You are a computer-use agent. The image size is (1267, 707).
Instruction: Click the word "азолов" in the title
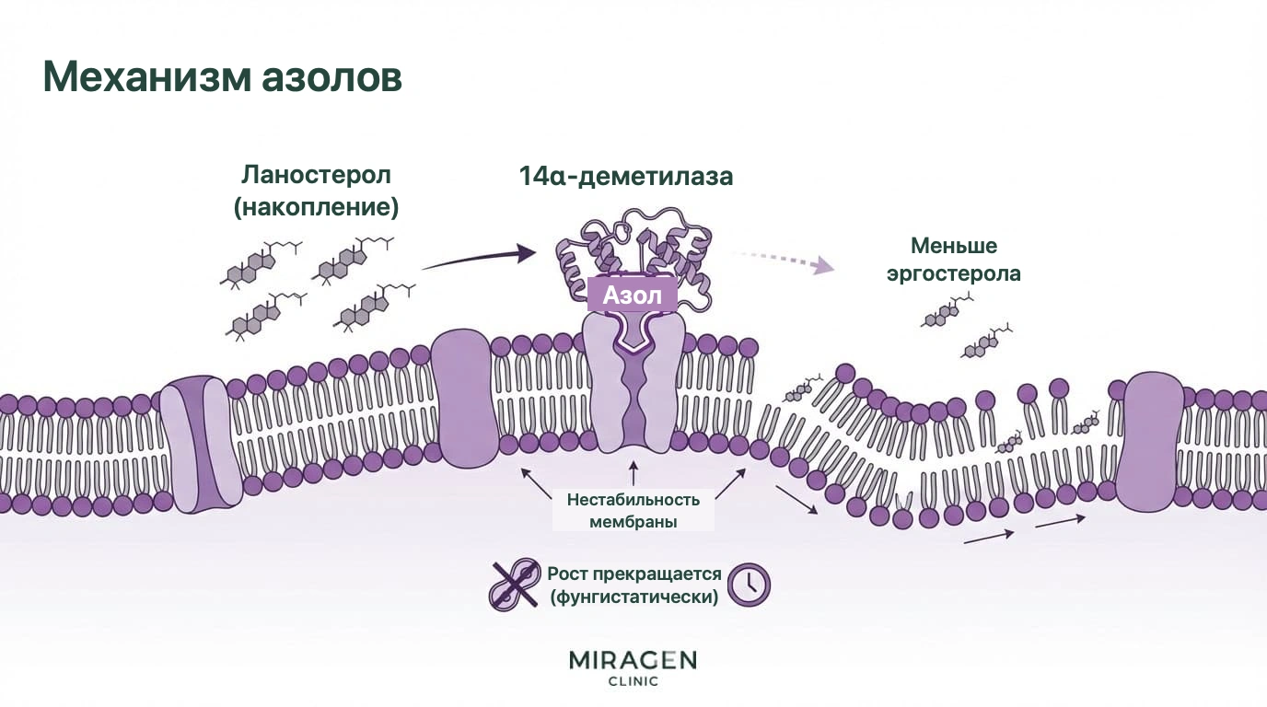coord(332,78)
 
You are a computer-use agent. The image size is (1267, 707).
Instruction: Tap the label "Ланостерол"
coord(316,175)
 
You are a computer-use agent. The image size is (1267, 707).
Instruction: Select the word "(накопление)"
coord(316,206)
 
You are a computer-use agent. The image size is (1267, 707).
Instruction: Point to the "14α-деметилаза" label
coord(626,176)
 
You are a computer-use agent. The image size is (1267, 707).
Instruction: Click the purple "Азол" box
coord(633,295)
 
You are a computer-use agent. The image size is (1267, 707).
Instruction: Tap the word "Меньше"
coord(954,246)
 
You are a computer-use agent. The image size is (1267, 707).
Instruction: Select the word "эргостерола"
coord(954,273)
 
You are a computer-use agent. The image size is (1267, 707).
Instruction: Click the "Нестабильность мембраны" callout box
coord(633,510)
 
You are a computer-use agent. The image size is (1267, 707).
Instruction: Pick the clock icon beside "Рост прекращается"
coord(749,585)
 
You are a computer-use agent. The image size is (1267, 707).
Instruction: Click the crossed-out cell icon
coord(514,585)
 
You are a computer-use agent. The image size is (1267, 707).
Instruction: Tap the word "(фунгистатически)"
coord(634,597)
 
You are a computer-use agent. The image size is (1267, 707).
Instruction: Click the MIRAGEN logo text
coord(633,660)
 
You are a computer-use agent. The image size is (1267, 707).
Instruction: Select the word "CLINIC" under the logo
coord(633,681)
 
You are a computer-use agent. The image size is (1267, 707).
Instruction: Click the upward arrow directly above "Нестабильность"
coord(633,473)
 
